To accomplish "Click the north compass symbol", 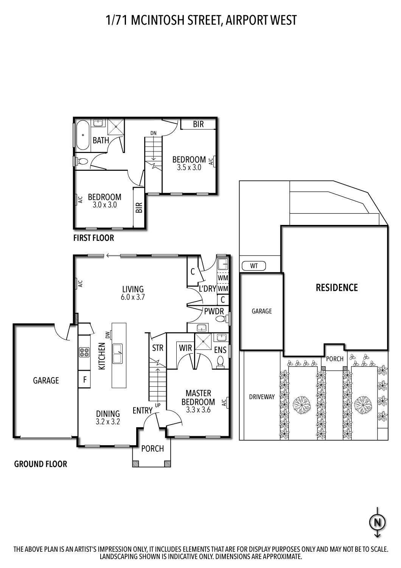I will click(377, 523).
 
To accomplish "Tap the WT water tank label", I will click(254, 266).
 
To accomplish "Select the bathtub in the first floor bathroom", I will click(82, 134).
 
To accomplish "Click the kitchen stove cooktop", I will click(84, 353).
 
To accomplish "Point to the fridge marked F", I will click(84, 380).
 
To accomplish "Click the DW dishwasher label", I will click(107, 335).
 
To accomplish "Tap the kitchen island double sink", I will click(117, 353).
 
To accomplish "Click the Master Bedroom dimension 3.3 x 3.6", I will click(198, 410).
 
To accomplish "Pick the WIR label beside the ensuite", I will click(185, 348).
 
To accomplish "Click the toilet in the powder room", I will click(221, 319).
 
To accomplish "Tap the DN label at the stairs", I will click(153, 133).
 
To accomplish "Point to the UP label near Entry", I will click(158, 405).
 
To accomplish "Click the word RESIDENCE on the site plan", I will click(336, 288).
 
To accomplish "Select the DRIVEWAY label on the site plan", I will click(261, 397).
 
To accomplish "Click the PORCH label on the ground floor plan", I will click(152, 449).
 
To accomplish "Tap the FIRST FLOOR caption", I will click(93, 238).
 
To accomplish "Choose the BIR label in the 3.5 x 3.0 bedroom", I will click(198, 124).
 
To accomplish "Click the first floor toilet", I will click(82, 162).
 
